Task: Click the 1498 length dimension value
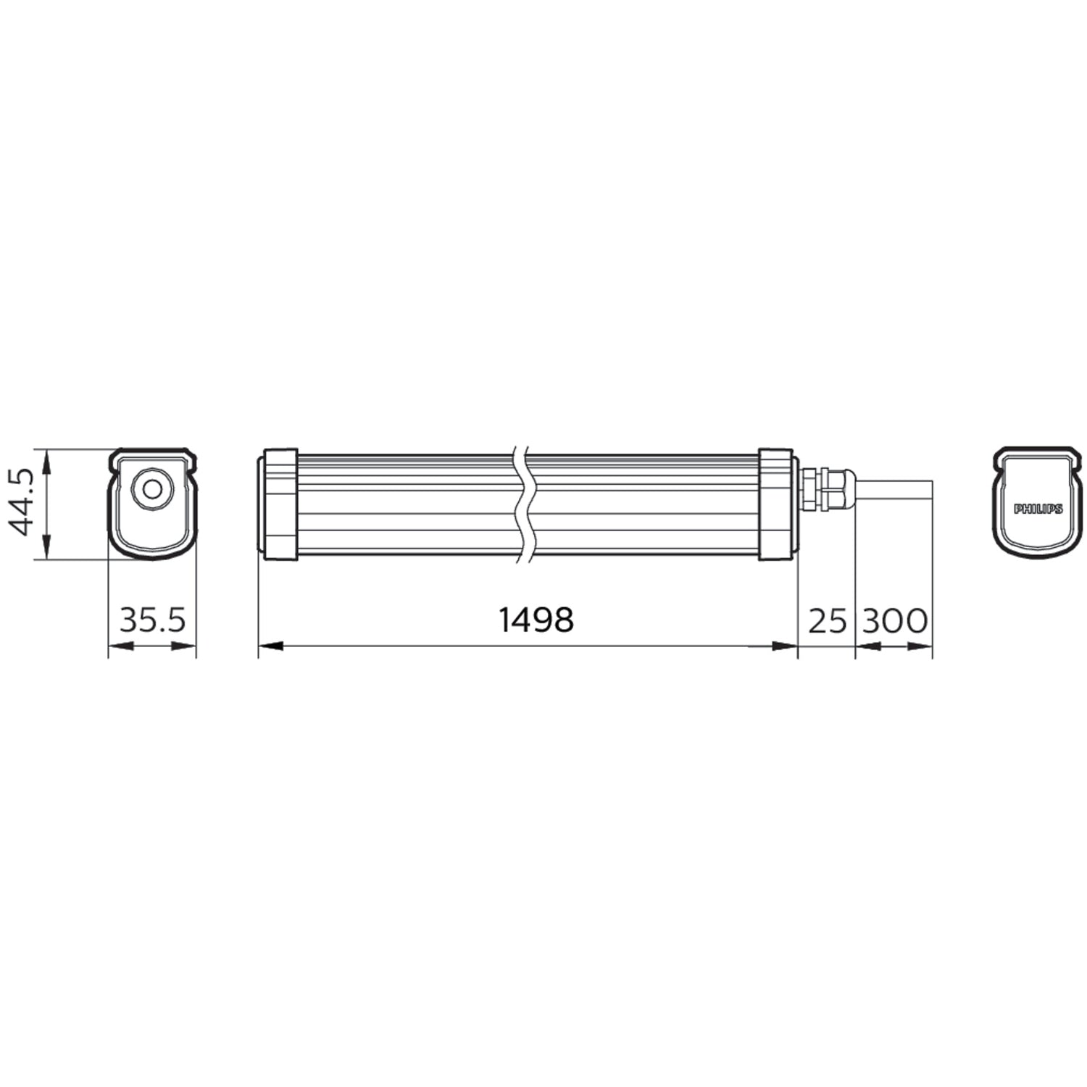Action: [x=536, y=620]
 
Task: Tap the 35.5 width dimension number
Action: [x=152, y=620]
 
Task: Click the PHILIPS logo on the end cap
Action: [x=1038, y=509]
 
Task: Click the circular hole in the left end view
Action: [x=152, y=489]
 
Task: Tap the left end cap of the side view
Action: [x=279, y=504]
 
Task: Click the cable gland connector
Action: [x=826, y=489]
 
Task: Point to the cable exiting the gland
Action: [x=894, y=489]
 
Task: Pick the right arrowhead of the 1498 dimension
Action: [x=786, y=646]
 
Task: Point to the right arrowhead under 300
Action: [x=920, y=646]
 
